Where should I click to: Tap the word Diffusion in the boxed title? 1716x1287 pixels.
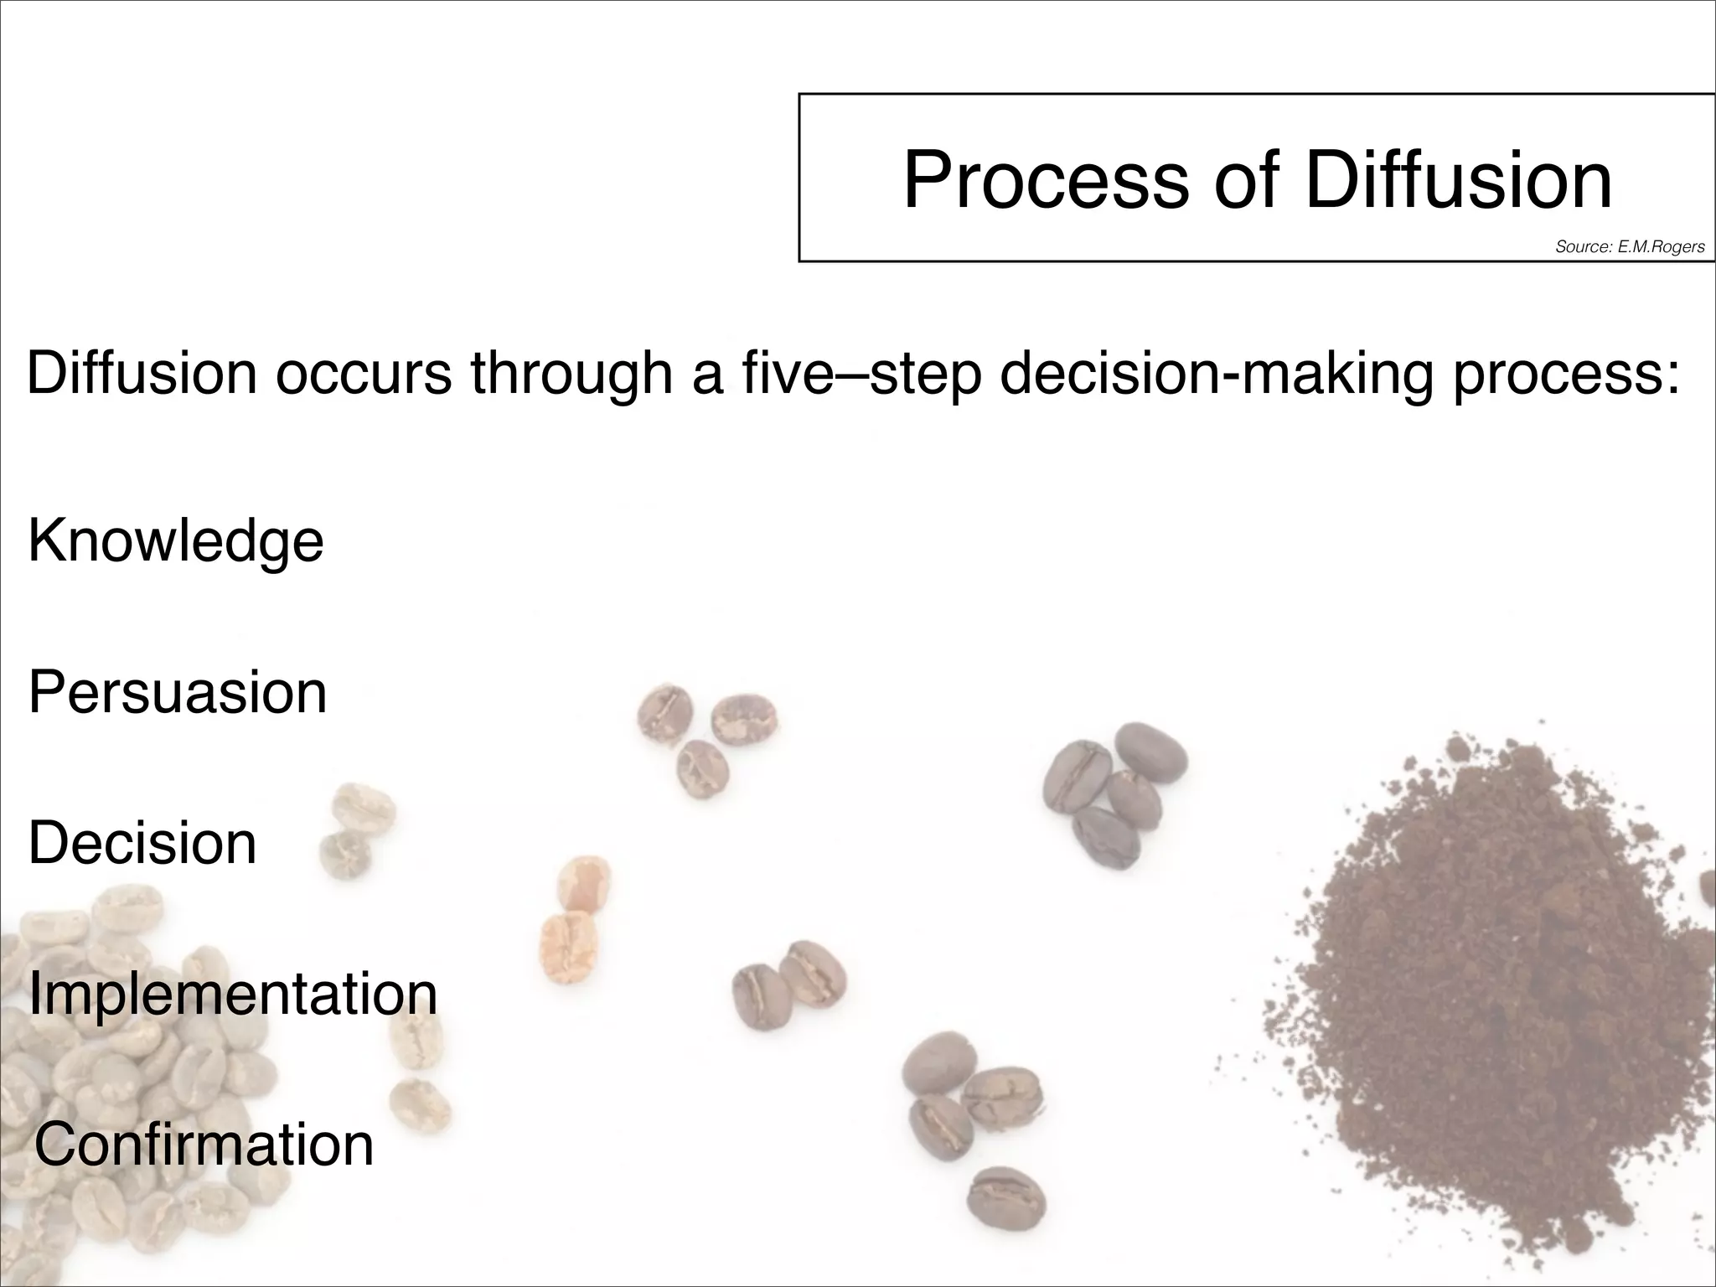(x=1458, y=180)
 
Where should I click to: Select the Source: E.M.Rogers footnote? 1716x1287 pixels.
(x=1630, y=246)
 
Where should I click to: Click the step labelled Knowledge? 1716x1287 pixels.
(x=176, y=541)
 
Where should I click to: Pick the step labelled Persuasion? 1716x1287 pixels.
(x=178, y=693)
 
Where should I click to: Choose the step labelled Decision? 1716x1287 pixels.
(x=142, y=843)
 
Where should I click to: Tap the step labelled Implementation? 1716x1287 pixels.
(x=233, y=995)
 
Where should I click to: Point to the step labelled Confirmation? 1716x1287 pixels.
(x=204, y=1145)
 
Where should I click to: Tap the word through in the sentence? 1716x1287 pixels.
(x=571, y=374)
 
